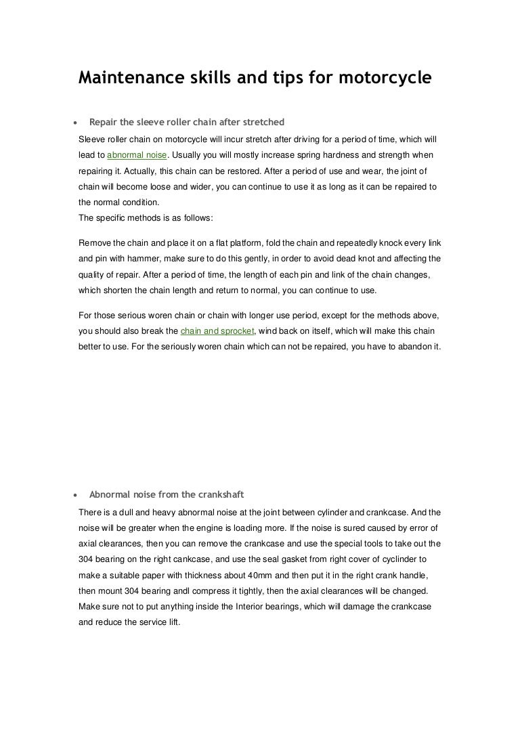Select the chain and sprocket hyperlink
click(x=216, y=331)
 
